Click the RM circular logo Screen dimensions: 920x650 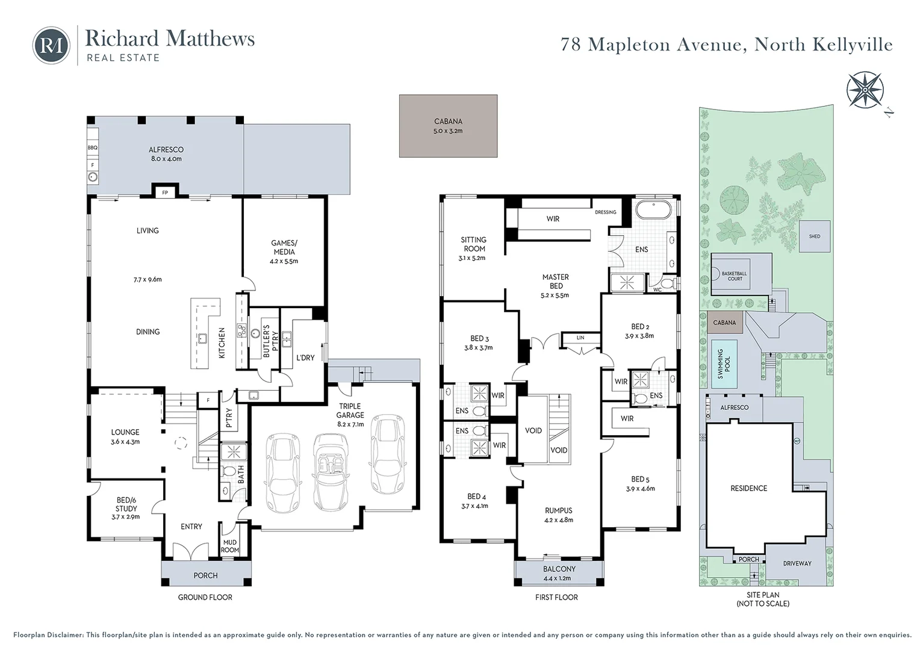(x=51, y=46)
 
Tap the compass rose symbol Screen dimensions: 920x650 (x=865, y=90)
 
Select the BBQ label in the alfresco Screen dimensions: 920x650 (x=92, y=147)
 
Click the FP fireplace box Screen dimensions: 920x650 (x=165, y=192)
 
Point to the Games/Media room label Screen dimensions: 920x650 (x=284, y=247)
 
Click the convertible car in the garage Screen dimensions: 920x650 (x=331, y=472)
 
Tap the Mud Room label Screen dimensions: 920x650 (x=229, y=546)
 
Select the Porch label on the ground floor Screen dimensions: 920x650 (x=205, y=575)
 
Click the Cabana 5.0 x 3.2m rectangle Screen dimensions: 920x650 (x=448, y=126)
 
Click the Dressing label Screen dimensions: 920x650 (x=605, y=212)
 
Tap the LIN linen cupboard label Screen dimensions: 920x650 (x=580, y=338)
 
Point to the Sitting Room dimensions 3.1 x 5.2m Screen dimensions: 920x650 (x=472, y=258)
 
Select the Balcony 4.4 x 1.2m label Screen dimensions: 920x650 (x=559, y=573)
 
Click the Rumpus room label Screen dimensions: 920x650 (x=559, y=510)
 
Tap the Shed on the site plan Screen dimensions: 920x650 (x=815, y=237)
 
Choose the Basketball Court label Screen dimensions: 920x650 (x=735, y=276)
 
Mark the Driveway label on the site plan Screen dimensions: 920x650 (x=797, y=563)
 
